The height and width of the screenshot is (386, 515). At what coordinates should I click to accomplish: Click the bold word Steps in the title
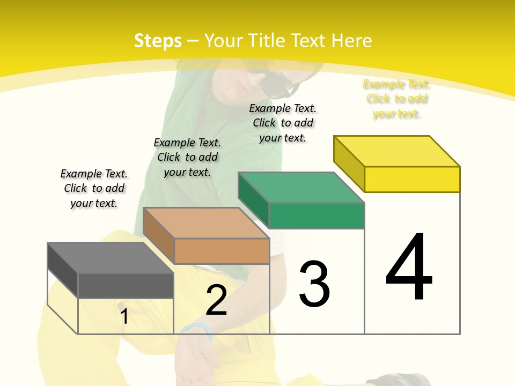(x=158, y=41)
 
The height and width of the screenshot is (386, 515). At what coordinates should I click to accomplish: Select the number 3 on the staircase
(x=314, y=284)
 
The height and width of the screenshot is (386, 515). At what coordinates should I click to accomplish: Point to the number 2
(x=216, y=300)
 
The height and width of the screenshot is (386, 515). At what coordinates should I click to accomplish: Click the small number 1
(x=124, y=316)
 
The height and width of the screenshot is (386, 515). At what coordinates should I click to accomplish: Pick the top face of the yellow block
(x=397, y=151)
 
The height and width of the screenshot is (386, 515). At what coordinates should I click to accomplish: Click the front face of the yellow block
(x=412, y=179)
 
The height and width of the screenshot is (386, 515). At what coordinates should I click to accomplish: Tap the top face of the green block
(x=301, y=188)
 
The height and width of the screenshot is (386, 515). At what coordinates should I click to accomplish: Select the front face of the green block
(x=317, y=216)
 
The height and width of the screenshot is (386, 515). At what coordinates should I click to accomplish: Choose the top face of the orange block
(x=206, y=223)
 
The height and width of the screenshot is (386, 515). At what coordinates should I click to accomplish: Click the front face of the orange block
(x=222, y=251)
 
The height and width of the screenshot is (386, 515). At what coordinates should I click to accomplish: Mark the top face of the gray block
(x=111, y=258)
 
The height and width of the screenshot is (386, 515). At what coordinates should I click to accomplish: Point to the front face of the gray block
(x=126, y=285)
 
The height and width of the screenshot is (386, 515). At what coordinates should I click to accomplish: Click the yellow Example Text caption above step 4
(x=396, y=99)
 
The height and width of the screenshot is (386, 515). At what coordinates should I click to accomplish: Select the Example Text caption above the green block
(x=283, y=123)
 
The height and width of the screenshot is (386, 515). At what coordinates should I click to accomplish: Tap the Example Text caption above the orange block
(x=187, y=157)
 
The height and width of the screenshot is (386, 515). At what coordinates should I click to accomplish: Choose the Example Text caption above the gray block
(x=94, y=188)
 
